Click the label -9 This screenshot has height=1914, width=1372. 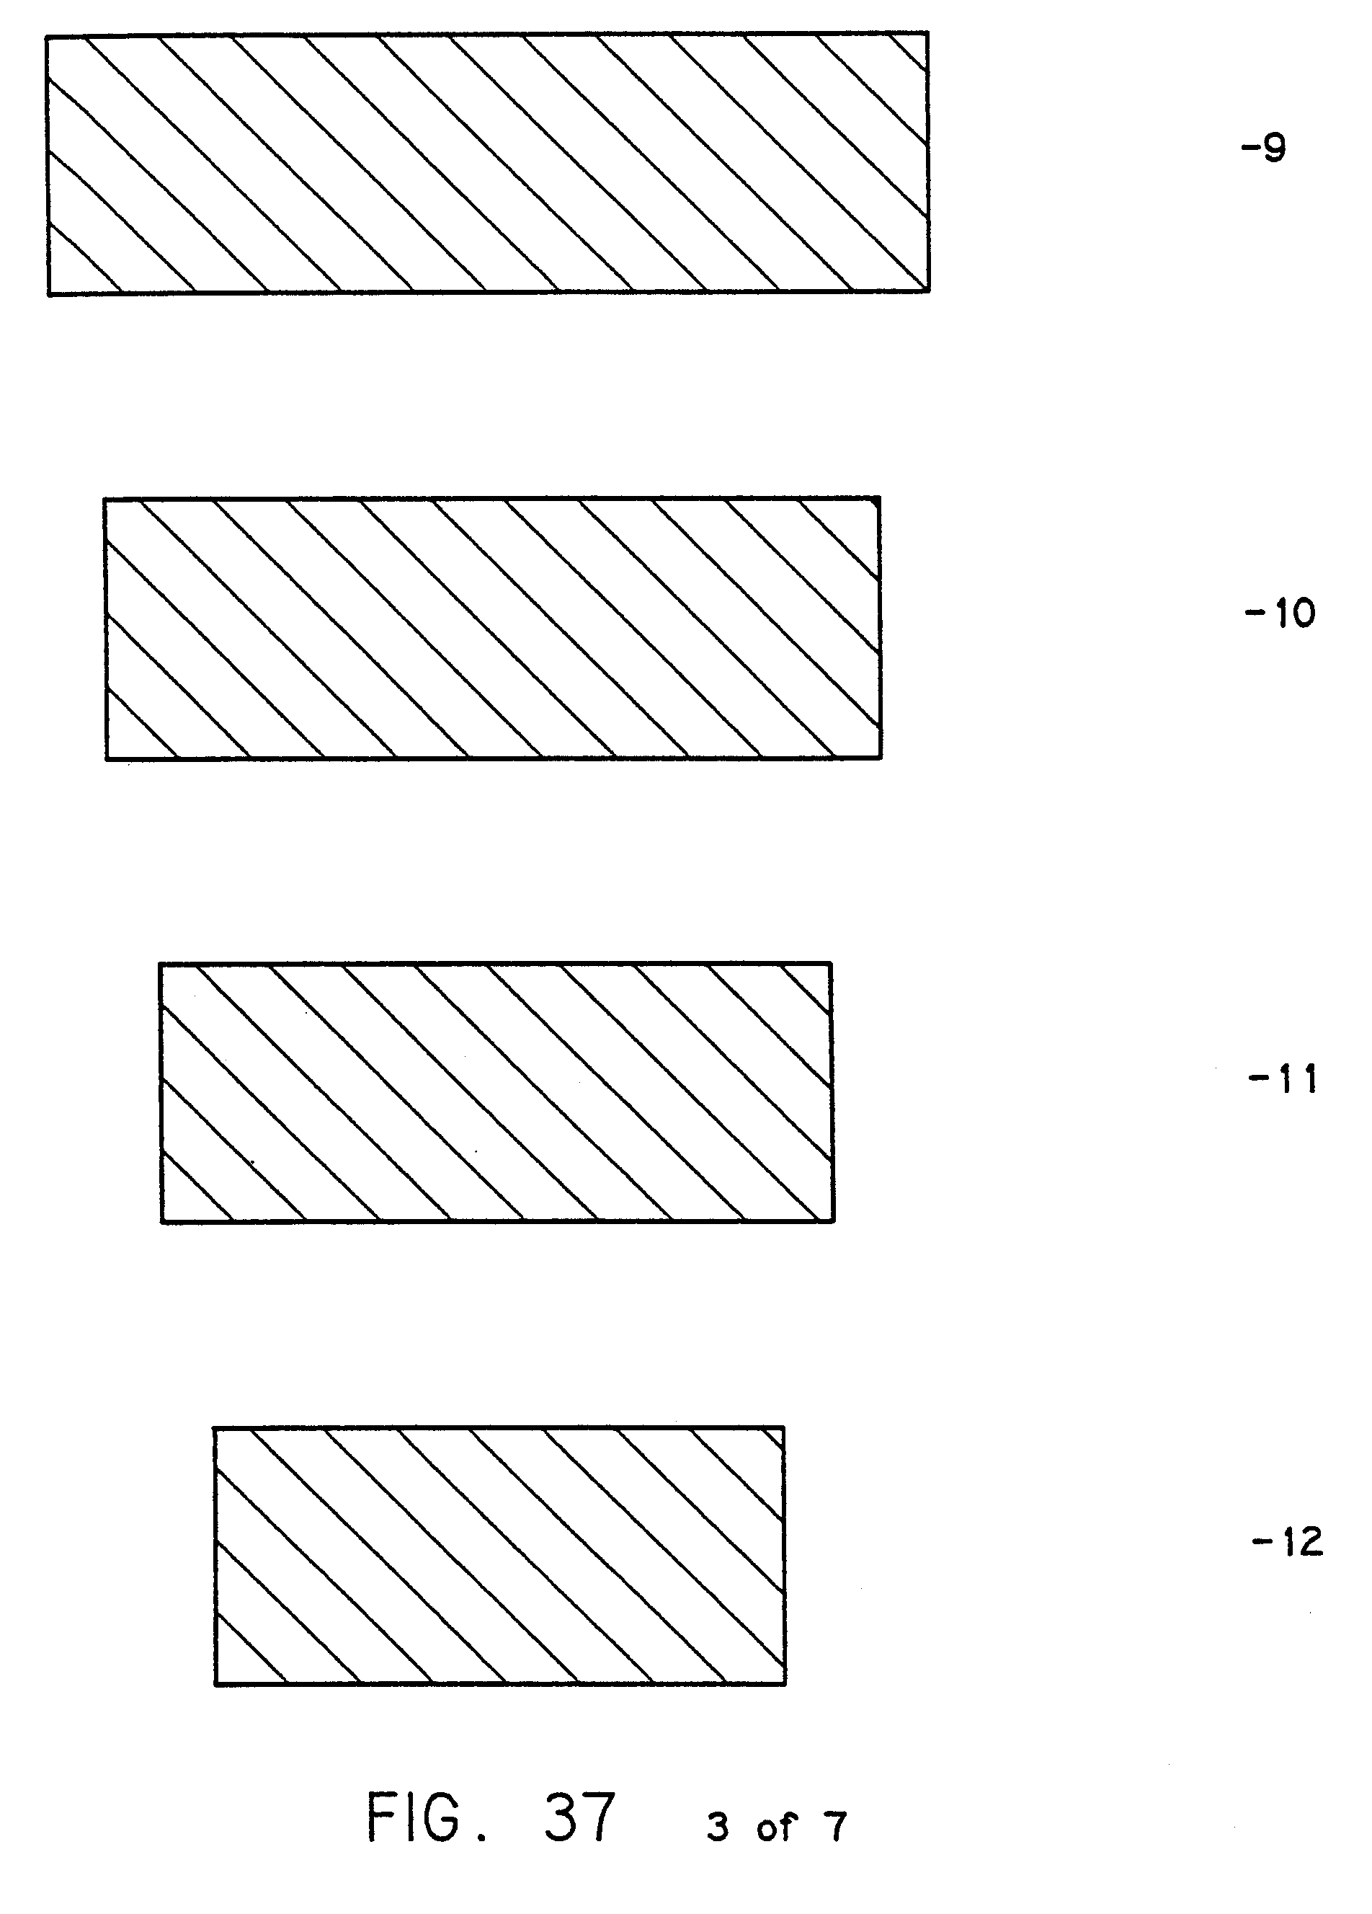click(x=1263, y=149)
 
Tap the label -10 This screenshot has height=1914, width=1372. click(x=1280, y=613)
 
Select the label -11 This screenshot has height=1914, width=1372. click(x=1282, y=1079)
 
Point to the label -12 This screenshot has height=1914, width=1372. click(x=1287, y=1542)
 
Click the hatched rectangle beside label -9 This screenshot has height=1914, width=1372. click(x=488, y=164)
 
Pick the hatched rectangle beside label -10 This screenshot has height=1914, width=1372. click(x=493, y=629)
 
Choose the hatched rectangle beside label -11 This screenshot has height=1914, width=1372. click(x=496, y=1092)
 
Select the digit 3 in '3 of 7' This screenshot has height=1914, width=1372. click(x=717, y=1827)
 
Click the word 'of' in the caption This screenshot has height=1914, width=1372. click(x=776, y=1827)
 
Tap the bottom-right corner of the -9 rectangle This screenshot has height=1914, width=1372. click(x=929, y=291)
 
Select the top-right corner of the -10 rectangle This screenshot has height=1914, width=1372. click(x=879, y=498)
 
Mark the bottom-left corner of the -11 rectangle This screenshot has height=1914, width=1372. click(x=161, y=1221)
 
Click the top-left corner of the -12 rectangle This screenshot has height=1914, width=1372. click(x=213, y=1429)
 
